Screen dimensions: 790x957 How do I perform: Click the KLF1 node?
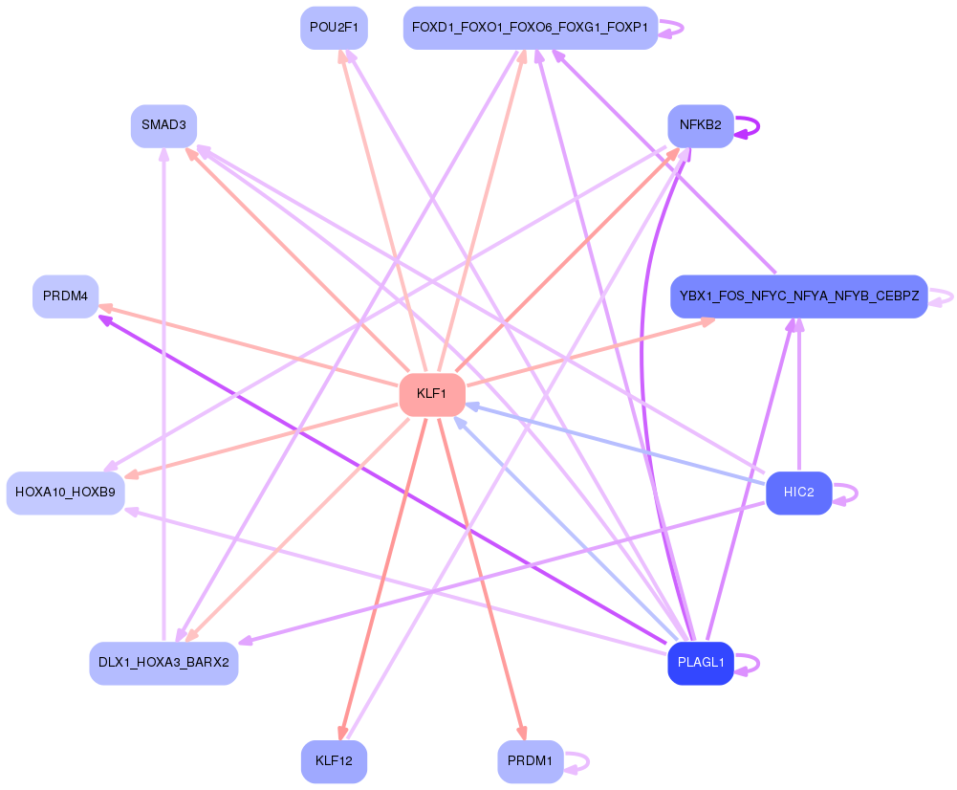tap(432, 394)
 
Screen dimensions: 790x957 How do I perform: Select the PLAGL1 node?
tap(701, 663)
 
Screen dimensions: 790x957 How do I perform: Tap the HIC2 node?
tap(798, 494)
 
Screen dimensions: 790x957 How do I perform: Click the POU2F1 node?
tap(334, 28)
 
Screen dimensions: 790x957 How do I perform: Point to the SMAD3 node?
tap(163, 125)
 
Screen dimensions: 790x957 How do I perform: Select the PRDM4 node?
tap(65, 296)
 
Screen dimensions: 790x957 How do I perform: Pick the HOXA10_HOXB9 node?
tap(65, 494)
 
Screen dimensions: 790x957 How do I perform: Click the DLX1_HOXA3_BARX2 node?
tap(163, 663)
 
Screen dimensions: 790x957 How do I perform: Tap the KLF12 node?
tap(334, 762)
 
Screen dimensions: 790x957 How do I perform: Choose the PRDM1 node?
tap(531, 762)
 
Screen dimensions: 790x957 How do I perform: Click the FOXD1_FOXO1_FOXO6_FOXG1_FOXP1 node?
tap(531, 28)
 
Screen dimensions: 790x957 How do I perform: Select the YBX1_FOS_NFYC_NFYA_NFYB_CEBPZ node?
tap(798, 296)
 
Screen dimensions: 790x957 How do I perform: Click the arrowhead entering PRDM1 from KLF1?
tap(521, 733)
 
